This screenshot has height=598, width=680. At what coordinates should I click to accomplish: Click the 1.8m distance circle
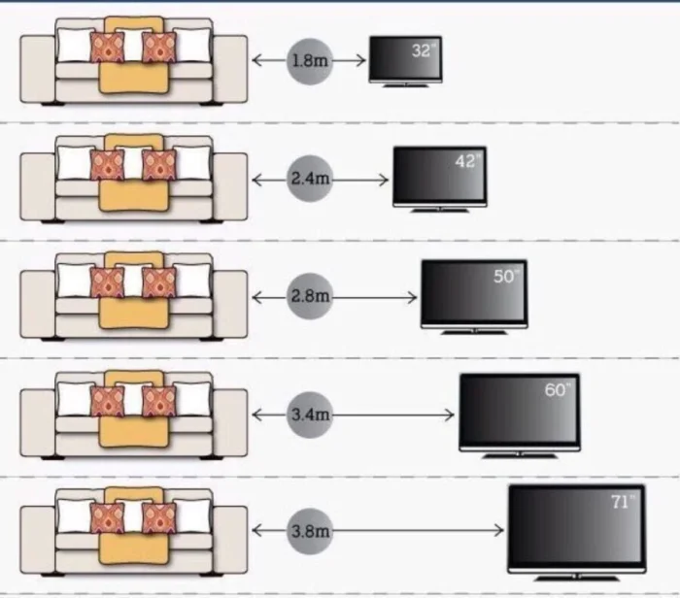[x=309, y=60]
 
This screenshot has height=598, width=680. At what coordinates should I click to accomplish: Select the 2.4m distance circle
[x=309, y=179]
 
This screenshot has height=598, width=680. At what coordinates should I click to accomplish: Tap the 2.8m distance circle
[x=309, y=297]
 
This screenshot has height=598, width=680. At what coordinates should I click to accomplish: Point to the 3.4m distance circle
[x=309, y=415]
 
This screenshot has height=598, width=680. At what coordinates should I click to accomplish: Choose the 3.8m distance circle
[x=309, y=531]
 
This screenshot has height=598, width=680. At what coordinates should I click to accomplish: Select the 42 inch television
[x=438, y=176]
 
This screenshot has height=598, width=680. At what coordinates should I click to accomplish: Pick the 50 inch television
[x=473, y=292]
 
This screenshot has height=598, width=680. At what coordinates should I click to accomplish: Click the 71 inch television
[x=576, y=524]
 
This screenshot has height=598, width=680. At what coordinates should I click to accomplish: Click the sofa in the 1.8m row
[x=134, y=60]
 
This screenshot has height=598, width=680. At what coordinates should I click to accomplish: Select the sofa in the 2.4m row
[x=134, y=179]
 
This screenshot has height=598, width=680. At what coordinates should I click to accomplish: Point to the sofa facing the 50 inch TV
[x=134, y=296]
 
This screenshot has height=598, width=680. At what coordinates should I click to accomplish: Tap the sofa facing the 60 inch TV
[x=134, y=415]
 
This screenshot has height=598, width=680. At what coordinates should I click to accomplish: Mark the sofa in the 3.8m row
[x=134, y=532]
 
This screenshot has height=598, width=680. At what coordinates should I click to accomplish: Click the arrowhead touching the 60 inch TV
[x=450, y=415]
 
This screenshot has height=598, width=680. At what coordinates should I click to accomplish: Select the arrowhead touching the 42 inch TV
[x=384, y=179]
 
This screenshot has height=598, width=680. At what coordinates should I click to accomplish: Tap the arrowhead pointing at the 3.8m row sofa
[x=257, y=531]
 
